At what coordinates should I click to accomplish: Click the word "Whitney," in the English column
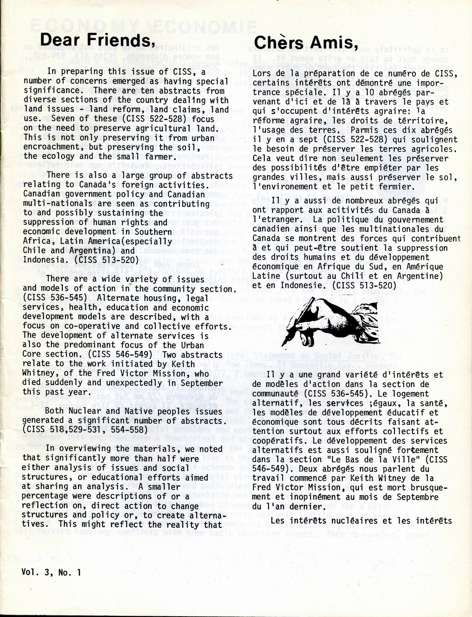point(41,373)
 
